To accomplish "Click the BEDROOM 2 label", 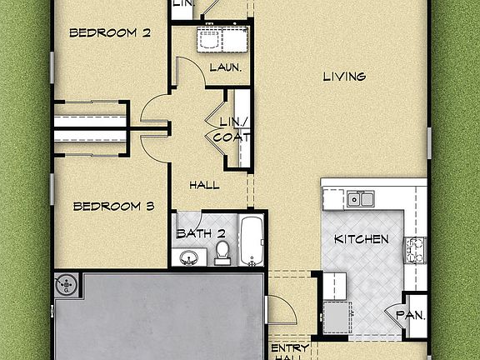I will click(x=109, y=33).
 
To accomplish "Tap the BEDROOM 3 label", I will click(x=112, y=206).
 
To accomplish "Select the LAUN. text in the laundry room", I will click(x=225, y=67).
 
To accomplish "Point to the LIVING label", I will click(x=344, y=77).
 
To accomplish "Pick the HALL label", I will click(x=204, y=185).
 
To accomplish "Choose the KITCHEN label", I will click(x=361, y=239).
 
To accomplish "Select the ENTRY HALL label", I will click(x=290, y=350).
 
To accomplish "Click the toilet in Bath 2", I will click(x=222, y=252).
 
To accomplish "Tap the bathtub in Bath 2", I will click(x=252, y=241).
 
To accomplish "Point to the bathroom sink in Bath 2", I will click(x=189, y=256).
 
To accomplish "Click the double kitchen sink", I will click(x=361, y=198).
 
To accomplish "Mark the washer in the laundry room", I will click(x=209, y=38).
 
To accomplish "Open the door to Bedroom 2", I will click(x=154, y=110).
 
